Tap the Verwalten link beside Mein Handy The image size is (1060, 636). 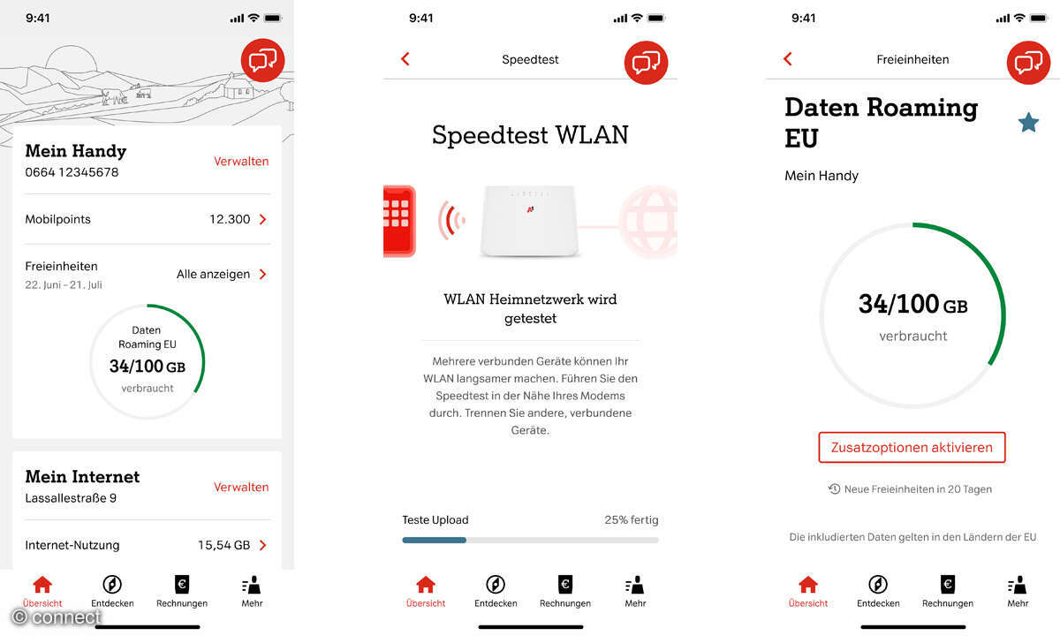(241, 162)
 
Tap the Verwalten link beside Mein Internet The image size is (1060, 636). (241, 487)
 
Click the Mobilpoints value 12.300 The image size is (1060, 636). (230, 219)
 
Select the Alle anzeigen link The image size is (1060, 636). (213, 274)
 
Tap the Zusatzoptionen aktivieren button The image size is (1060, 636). (912, 447)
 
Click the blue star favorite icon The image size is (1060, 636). (1028, 123)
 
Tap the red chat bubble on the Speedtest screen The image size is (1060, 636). (646, 63)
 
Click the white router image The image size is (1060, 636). (529, 221)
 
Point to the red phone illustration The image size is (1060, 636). (399, 221)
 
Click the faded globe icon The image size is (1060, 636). (648, 221)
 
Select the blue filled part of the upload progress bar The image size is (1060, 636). (434, 540)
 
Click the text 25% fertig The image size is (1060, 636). (632, 519)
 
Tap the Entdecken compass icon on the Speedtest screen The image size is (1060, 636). (496, 585)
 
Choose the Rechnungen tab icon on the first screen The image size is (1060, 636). (182, 585)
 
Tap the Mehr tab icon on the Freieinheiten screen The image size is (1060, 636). (1018, 585)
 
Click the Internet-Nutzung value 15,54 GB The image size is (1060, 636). (223, 545)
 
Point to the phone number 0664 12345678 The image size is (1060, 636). (72, 172)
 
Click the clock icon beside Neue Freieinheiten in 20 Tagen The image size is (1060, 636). (834, 488)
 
